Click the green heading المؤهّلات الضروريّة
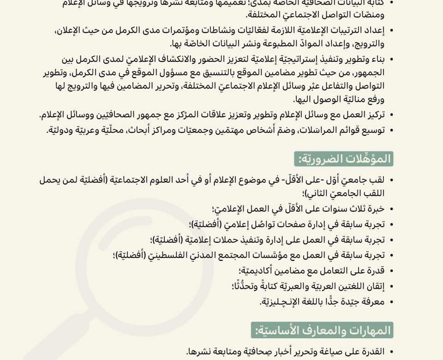coord(344,159)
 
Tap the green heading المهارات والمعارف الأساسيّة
coord(322,330)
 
